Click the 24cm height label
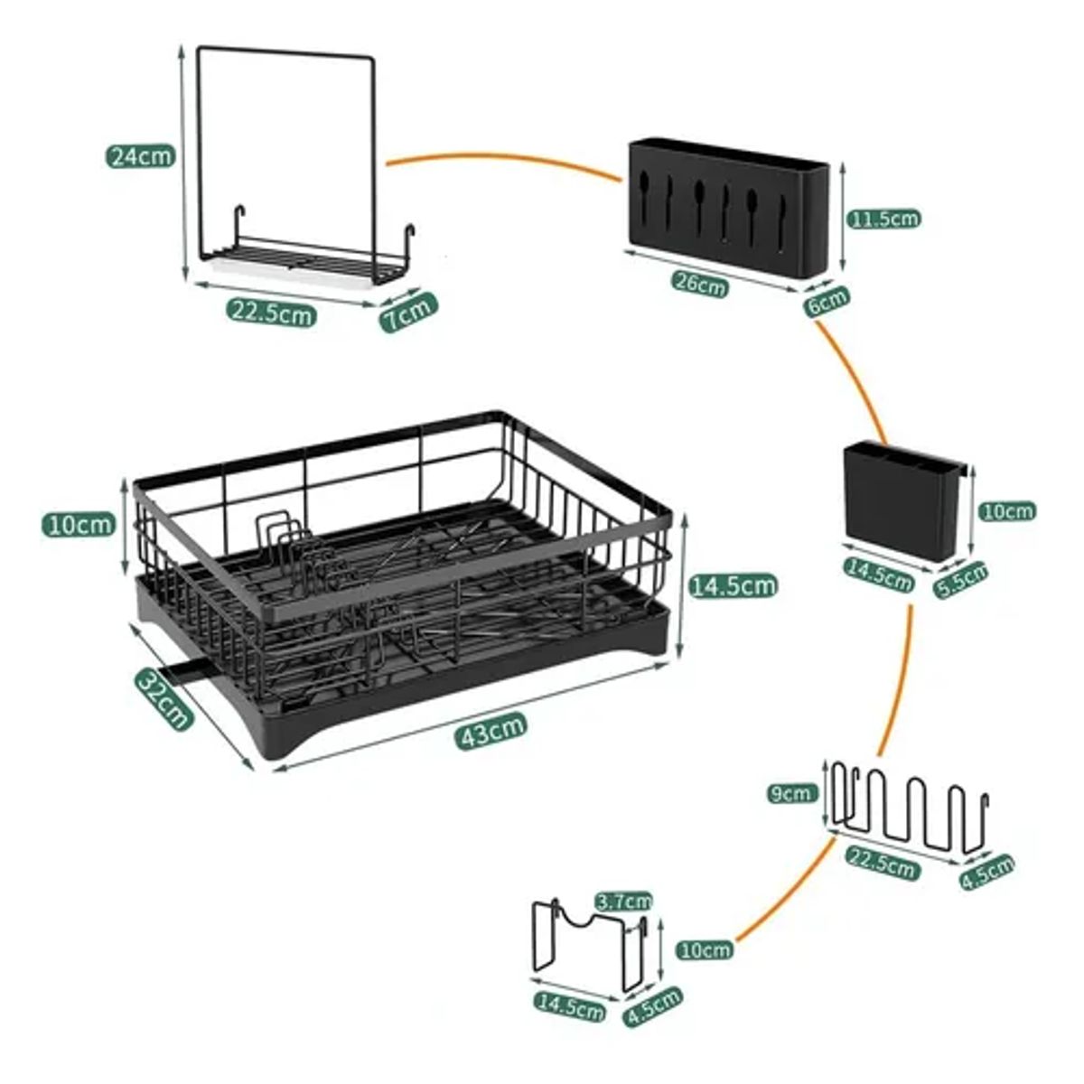[x=140, y=155]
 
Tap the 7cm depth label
[x=408, y=312]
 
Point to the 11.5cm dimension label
[x=884, y=219]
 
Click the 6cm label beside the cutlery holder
[x=827, y=302]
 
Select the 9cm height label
[x=790, y=794]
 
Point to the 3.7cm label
[x=624, y=901]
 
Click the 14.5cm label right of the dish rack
[x=733, y=585]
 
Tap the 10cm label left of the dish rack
[x=79, y=524]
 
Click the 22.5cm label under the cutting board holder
[x=271, y=313]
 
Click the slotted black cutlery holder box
[x=727, y=206]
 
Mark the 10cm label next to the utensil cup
[x=1007, y=511]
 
